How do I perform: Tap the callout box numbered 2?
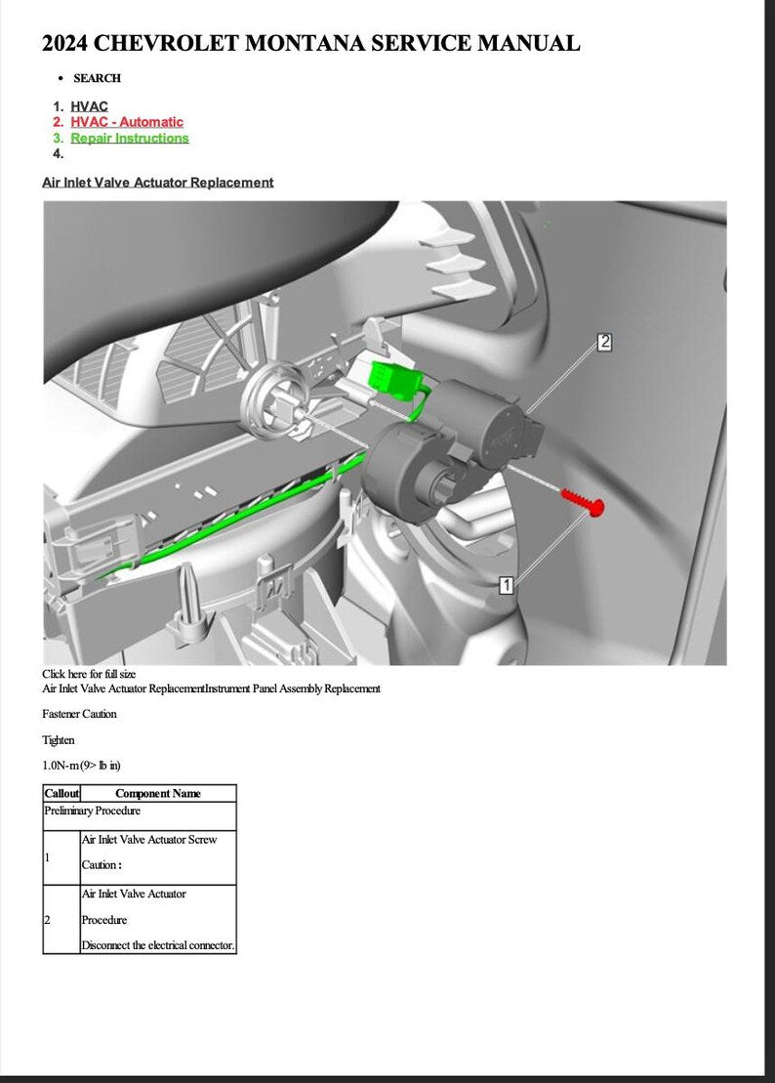click(604, 342)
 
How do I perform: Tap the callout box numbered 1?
click(507, 585)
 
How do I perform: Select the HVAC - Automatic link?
click(127, 122)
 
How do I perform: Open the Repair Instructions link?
click(130, 138)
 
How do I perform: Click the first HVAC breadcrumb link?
click(89, 106)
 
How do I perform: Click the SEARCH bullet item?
click(97, 78)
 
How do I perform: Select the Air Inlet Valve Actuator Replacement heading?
click(158, 183)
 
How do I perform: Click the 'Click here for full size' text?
click(89, 674)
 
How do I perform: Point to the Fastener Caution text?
click(79, 714)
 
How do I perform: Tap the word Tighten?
click(58, 740)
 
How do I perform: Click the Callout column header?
click(61, 794)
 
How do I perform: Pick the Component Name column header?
click(158, 794)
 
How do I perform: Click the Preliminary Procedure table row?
click(93, 811)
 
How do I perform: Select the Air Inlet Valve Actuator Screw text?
click(149, 839)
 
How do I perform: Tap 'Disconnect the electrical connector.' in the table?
click(158, 945)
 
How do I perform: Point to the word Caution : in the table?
click(101, 865)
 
